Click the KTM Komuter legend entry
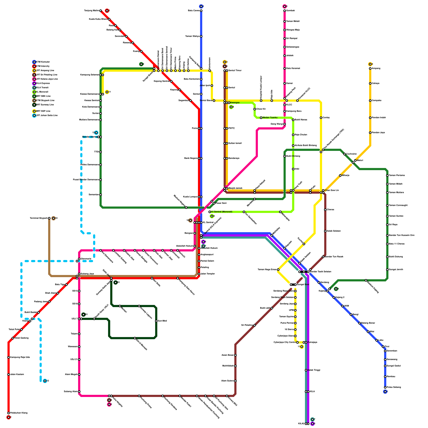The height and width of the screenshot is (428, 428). pyautogui.click(x=43, y=62)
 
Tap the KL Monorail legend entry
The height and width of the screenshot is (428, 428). pyautogui.click(x=42, y=92)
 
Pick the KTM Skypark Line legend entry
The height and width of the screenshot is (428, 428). pyautogui.click(x=45, y=101)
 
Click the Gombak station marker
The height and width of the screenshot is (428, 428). pyautogui.click(x=285, y=11)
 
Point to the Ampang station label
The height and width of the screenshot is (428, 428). pyautogui.click(x=376, y=68)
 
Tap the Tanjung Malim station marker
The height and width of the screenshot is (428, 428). pyautogui.click(x=101, y=11)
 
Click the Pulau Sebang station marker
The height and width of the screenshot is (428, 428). pyautogui.click(x=385, y=387)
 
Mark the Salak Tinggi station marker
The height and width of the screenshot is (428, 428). pyautogui.click(x=306, y=370)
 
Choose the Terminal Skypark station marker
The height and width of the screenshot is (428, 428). pyautogui.click(x=49, y=218)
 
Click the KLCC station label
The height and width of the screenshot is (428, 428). pyautogui.click(x=289, y=105)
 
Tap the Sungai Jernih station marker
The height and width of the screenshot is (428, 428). pyautogui.click(x=387, y=270)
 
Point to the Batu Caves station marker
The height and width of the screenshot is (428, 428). pyautogui.click(x=201, y=11)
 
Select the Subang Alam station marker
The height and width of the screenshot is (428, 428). pyautogui.click(x=79, y=392)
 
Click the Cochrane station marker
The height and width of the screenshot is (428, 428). pyautogui.click(x=345, y=154)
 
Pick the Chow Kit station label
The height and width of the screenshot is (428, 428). pyautogui.click(x=261, y=109)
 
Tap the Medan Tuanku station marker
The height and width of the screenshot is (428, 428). pyautogui.click(x=261, y=118)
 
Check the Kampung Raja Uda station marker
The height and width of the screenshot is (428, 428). pyautogui.click(x=9, y=357)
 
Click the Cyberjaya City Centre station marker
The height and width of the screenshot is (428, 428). pyautogui.click(x=297, y=342)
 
